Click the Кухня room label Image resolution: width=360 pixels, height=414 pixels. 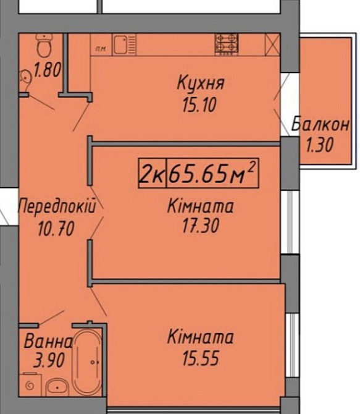[200, 82]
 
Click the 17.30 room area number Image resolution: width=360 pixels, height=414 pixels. [192, 227]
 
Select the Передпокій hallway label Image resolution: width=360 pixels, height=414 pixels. [57, 206]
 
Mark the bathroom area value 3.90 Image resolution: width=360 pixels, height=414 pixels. [46, 361]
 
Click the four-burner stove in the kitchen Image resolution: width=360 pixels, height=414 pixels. [226, 43]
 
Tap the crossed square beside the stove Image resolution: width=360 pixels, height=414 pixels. [272, 43]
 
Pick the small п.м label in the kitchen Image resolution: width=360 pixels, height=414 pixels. [99, 48]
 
